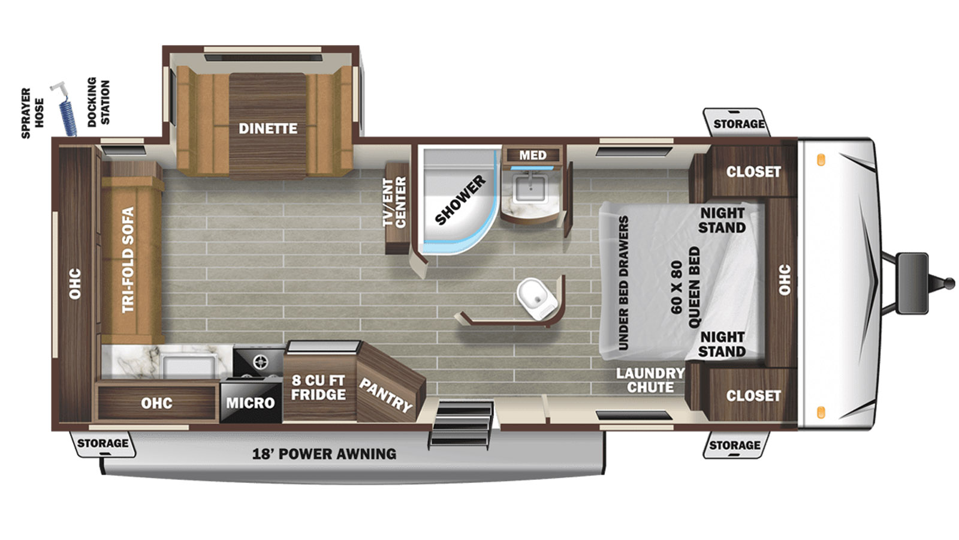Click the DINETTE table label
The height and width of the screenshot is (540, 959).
point(268,128)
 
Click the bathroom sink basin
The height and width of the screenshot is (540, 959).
point(530,188)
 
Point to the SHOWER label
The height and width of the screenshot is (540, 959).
point(461,200)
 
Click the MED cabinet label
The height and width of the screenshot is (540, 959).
point(533,155)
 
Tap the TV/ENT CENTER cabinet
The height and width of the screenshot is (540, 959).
point(397,208)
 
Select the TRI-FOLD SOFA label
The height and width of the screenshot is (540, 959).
point(128,260)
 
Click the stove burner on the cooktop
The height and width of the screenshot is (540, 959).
point(260,362)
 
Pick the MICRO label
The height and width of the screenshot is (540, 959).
point(251,403)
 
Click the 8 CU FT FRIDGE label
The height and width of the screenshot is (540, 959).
point(318,388)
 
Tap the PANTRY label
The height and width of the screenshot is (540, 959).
point(386,395)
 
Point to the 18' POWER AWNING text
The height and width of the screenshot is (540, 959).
point(324,454)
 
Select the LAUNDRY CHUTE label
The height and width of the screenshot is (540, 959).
point(650,380)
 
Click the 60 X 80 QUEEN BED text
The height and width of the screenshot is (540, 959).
point(686,287)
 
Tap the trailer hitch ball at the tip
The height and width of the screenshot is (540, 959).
point(949,283)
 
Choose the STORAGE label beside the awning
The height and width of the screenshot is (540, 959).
point(102,443)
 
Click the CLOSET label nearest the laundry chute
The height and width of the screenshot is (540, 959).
point(753,395)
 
